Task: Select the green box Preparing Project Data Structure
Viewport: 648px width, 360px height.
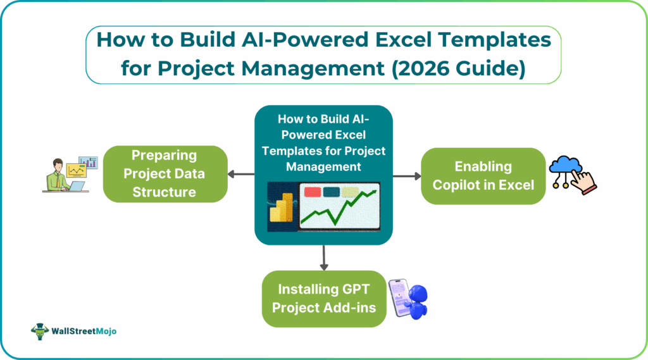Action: click(165, 173)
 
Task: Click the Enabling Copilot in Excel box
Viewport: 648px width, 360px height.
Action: click(483, 176)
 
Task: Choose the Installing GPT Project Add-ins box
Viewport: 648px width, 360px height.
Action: click(323, 299)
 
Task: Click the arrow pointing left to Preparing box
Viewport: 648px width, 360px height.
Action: click(241, 174)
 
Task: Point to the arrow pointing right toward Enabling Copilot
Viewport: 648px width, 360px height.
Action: click(406, 175)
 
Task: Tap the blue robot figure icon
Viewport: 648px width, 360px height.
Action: click(418, 302)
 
